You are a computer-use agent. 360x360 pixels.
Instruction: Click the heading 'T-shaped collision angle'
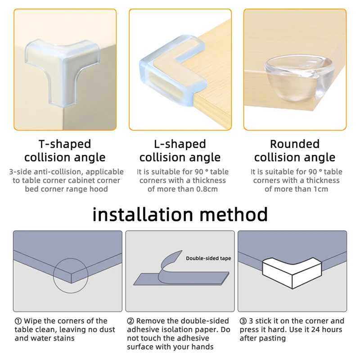(65, 151)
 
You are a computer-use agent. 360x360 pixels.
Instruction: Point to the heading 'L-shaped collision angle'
(180, 151)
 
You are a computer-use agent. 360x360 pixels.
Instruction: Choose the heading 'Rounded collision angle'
(295, 151)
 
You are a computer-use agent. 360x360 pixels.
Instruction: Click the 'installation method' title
(180, 214)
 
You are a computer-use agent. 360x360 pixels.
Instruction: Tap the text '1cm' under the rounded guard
(320, 189)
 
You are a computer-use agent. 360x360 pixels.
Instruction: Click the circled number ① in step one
(18, 321)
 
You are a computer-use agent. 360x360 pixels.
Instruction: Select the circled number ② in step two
(130, 321)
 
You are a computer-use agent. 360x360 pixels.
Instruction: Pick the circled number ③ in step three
(243, 321)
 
